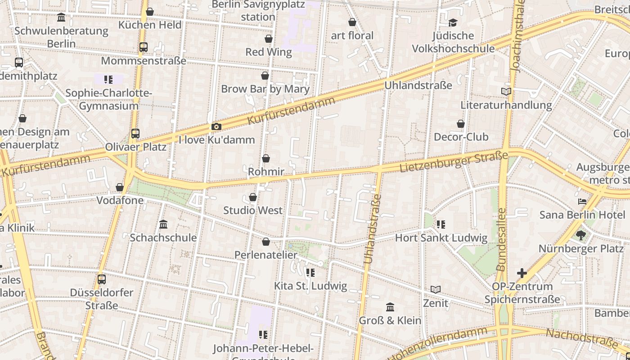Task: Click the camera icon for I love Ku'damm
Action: (216, 127)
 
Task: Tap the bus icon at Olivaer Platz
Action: (135, 133)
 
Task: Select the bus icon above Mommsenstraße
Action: (144, 47)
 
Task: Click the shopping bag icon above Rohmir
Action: (266, 158)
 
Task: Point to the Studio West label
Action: (253, 210)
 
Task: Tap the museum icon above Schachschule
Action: (163, 224)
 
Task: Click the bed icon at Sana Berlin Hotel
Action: (582, 201)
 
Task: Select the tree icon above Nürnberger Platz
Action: (581, 235)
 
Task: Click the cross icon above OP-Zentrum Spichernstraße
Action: (522, 273)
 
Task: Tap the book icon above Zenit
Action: (435, 290)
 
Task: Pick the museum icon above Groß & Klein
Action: (390, 307)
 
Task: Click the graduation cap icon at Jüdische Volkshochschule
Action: (453, 22)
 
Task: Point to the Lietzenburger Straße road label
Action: (454, 162)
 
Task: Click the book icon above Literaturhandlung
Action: (506, 92)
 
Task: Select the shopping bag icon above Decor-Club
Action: (461, 124)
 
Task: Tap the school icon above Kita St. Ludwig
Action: (310, 273)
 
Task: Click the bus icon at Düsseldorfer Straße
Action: (102, 279)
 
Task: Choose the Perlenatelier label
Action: (265, 255)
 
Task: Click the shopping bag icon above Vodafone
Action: (120, 187)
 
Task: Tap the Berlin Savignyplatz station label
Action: (258, 11)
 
